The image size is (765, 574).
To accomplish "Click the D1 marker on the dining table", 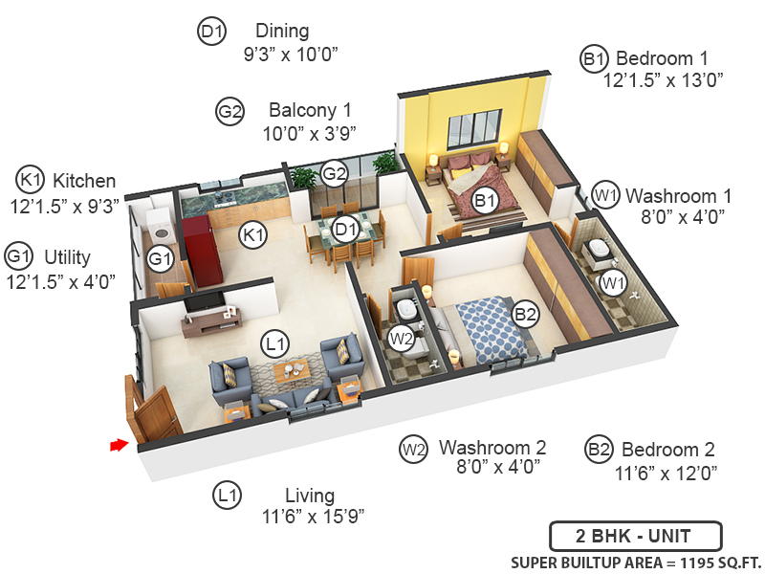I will [x=345, y=229].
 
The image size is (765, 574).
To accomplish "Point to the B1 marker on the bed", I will [x=485, y=200].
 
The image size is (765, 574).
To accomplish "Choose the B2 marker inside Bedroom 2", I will [x=525, y=314].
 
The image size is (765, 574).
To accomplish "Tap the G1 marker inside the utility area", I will [x=160, y=257].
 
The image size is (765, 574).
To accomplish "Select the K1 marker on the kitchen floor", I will [x=252, y=233].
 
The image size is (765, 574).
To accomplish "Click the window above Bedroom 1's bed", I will [x=473, y=128].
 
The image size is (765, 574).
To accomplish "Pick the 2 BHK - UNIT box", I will [x=635, y=535].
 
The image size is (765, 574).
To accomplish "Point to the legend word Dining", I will [x=282, y=32].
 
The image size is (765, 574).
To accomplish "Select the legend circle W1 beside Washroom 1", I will [x=603, y=193].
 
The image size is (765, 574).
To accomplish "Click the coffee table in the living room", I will [x=291, y=370].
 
